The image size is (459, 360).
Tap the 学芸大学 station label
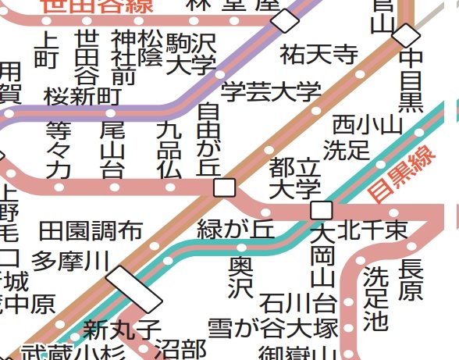(x=271, y=91)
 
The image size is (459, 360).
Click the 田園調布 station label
(x=91, y=231)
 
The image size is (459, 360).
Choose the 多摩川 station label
(x=70, y=261)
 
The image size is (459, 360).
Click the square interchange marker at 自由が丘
(x=225, y=187)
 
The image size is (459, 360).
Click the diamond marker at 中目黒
(x=405, y=34)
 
